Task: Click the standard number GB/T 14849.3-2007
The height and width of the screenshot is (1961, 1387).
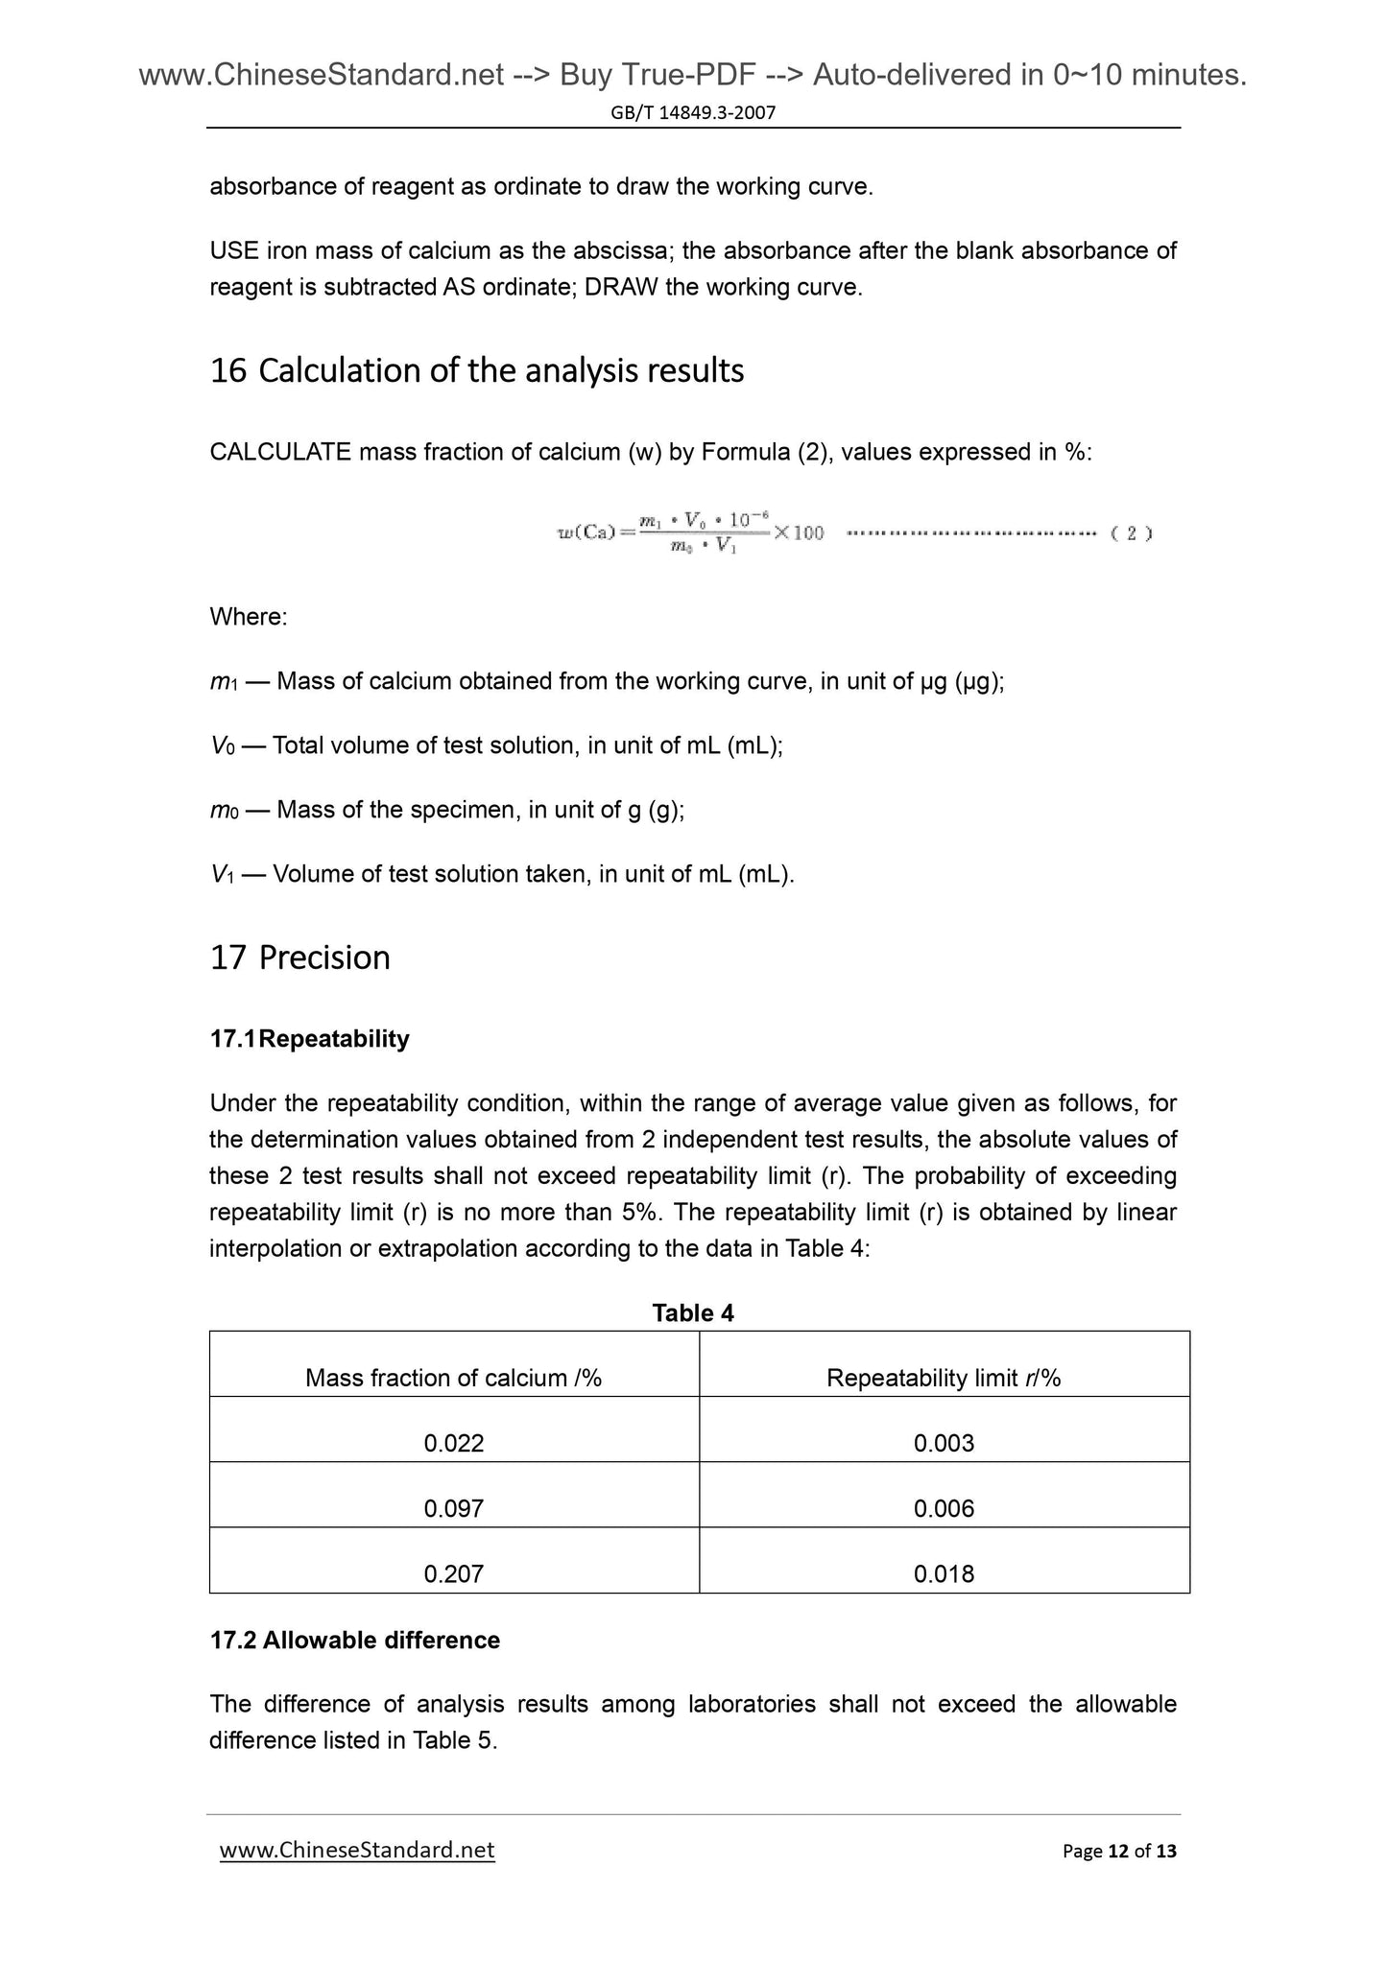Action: tap(693, 113)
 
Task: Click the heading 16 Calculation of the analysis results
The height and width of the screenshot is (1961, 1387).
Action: tap(476, 370)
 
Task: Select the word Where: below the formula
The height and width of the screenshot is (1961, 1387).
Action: tap(248, 617)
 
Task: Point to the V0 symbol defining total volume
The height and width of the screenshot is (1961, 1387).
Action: tap(223, 746)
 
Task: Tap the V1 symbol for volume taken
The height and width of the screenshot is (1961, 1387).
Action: tap(223, 875)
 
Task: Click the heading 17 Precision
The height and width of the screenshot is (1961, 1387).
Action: tap(299, 957)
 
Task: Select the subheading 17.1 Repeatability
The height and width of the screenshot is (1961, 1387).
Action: tap(309, 1039)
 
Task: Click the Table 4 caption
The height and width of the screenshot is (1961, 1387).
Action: tap(693, 1313)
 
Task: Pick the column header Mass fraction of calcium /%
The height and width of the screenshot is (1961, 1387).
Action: tap(453, 1379)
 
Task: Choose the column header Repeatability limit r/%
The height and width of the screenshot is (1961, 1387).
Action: tap(944, 1379)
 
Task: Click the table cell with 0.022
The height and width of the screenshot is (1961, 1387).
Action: tap(453, 1444)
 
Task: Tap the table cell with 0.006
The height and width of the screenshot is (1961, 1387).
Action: tap(944, 1509)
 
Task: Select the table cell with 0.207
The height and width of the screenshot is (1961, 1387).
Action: tap(453, 1574)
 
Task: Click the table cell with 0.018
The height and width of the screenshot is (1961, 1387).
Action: tap(944, 1574)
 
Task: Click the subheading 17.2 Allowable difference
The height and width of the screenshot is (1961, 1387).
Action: tap(354, 1641)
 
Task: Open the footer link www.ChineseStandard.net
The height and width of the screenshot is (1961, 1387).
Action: tap(357, 1850)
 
